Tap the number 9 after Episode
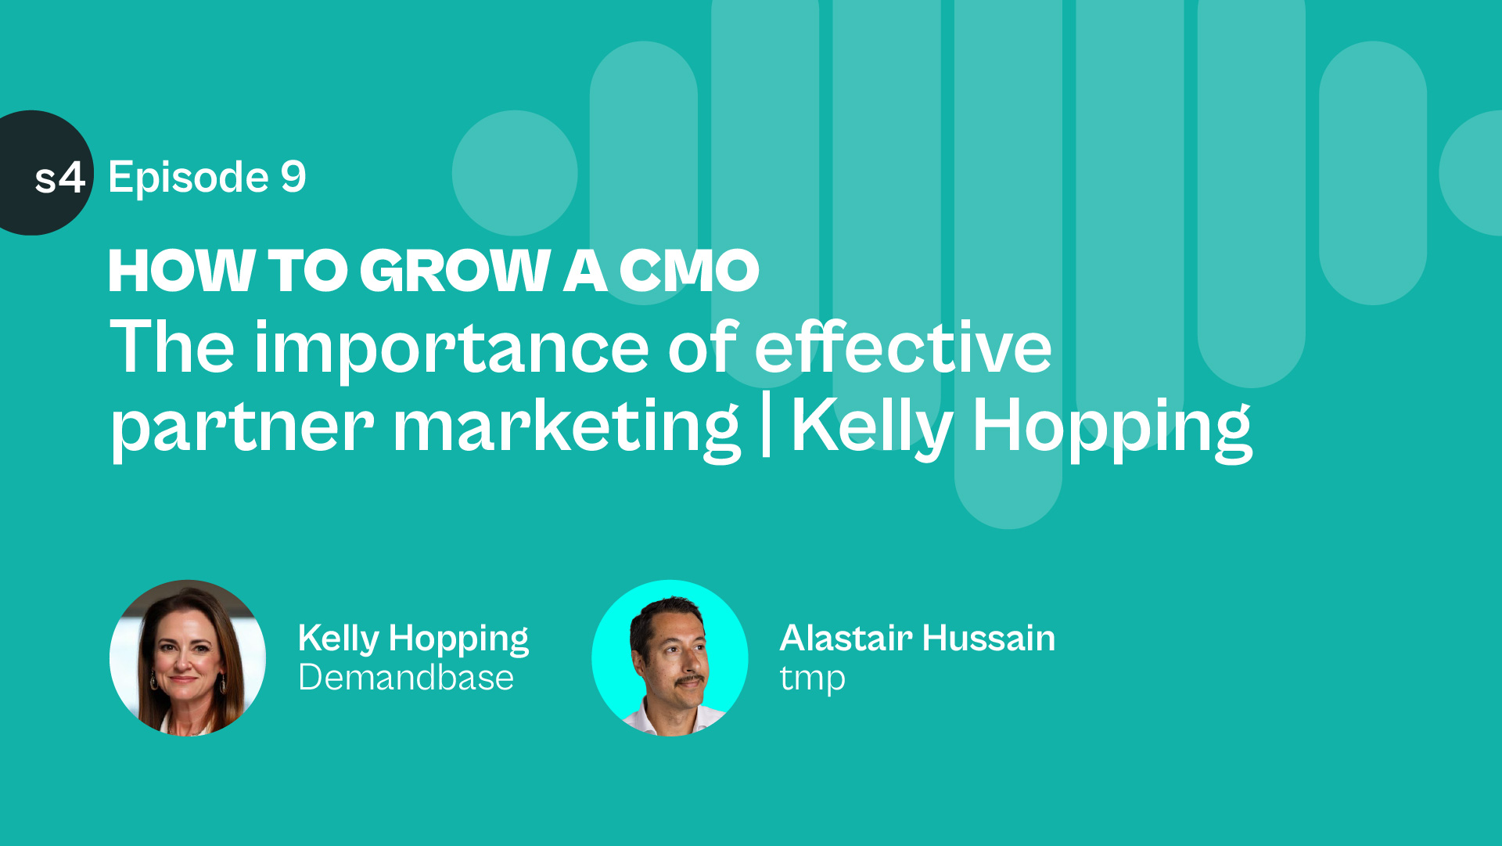click(x=293, y=177)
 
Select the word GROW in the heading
click(x=455, y=271)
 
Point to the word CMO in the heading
click(x=689, y=271)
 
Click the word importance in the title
click(x=451, y=350)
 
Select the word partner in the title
click(x=242, y=428)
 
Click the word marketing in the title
click(x=566, y=428)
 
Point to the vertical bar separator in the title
click(x=766, y=423)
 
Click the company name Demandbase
click(x=406, y=678)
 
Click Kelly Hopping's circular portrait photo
click(x=188, y=657)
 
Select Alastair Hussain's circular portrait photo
click(x=670, y=657)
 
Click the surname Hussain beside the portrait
click(x=989, y=638)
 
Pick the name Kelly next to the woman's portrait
click(x=338, y=639)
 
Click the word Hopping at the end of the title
click(x=1112, y=428)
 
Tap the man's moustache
click(x=691, y=680)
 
